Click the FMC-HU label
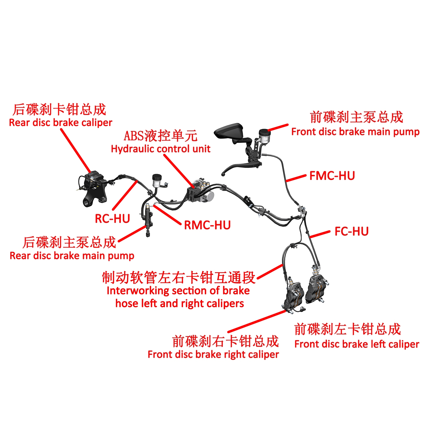[332, 176]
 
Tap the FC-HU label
[351, 231]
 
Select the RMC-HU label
[207, 225]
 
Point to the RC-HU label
[112, 219]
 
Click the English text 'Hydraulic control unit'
[160, 149]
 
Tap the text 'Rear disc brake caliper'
[60, 123]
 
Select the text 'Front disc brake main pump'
[355, 132]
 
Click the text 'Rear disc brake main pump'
[72, 256]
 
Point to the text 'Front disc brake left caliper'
[357, 344]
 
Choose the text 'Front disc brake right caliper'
[213, 355]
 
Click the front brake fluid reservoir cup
[264, 136]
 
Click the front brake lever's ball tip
[223, 175]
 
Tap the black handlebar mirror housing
[229, 131]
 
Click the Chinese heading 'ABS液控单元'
[160, 136]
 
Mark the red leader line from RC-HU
[125, 195]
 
